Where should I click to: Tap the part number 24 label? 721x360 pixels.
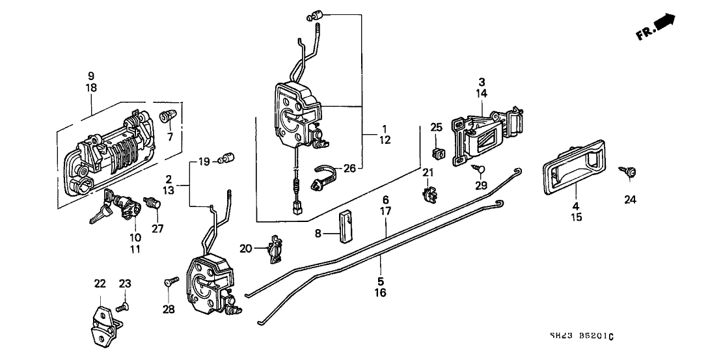(x=629, y=200)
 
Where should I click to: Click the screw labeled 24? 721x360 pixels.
(x=630, y=172)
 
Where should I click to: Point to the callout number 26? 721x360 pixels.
(x=349, y=167)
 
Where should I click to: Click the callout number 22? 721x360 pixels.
(x=100, y=283)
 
